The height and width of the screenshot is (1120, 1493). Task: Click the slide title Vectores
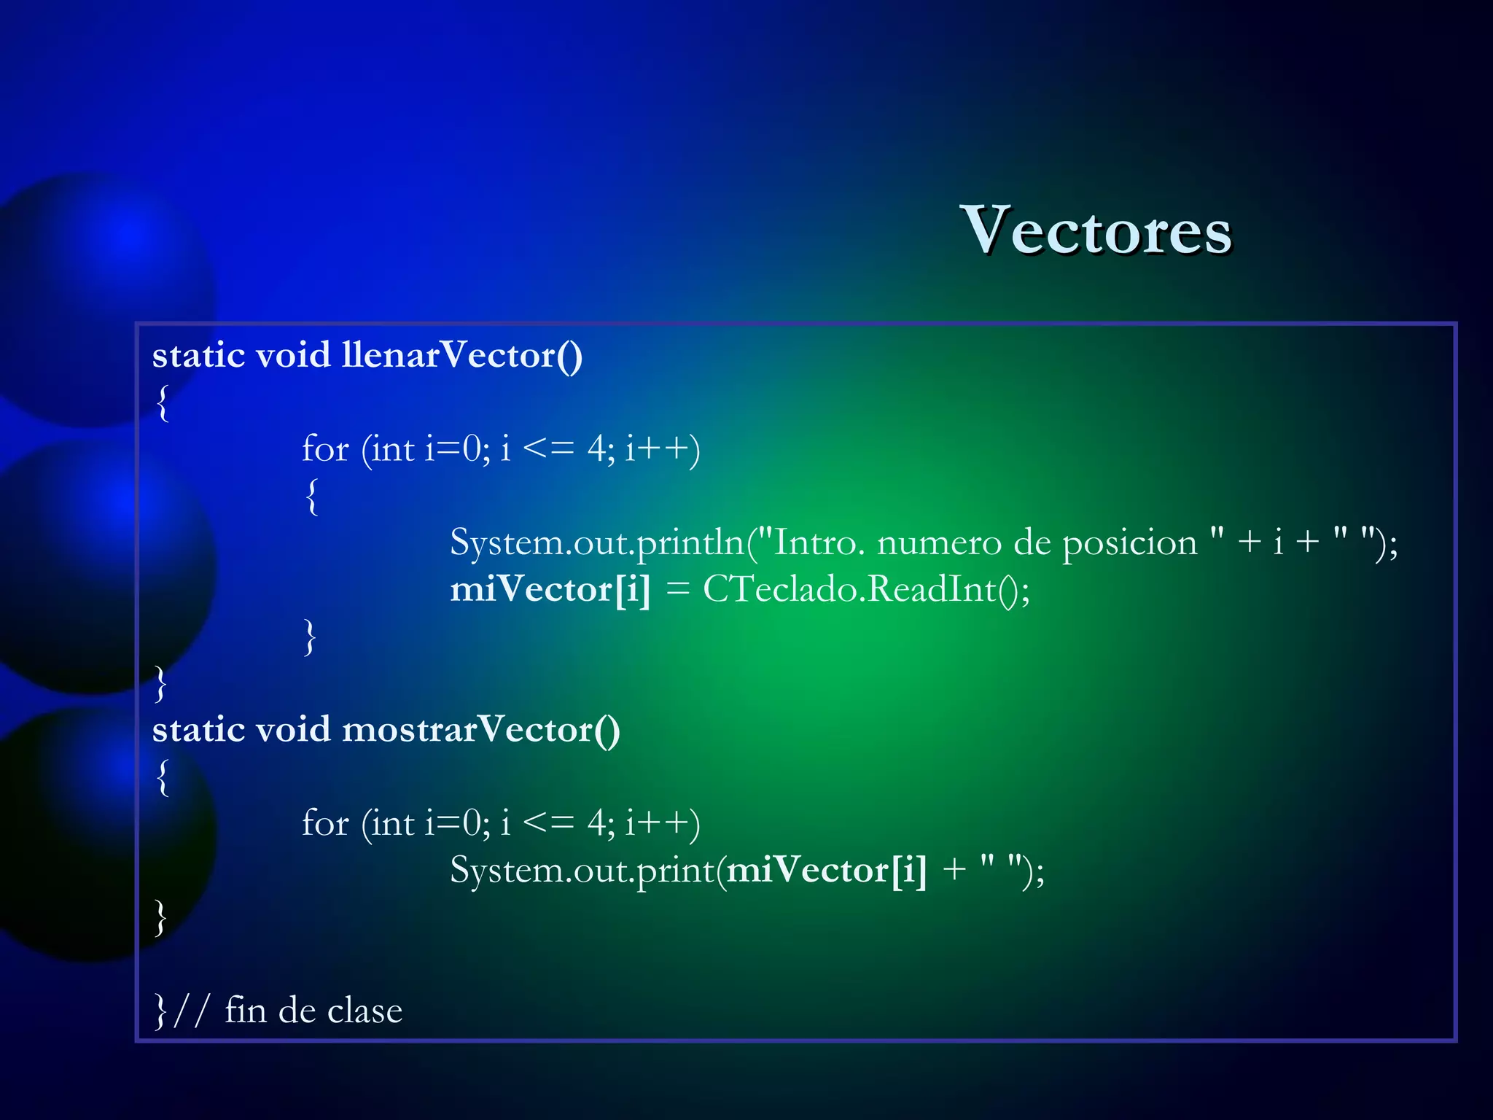pos(1095,230)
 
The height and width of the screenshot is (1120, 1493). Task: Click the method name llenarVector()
pos(462,356)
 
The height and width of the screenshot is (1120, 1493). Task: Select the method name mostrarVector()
pos(481,730)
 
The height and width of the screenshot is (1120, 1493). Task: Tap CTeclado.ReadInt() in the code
pos(865,589)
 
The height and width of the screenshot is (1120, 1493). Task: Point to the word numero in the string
pos(939,543)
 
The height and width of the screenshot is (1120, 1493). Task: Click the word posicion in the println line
pos(1129,543)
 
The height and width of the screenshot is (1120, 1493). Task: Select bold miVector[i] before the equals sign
pos(550,589)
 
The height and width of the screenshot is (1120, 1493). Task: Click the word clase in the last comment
pos(365,1011)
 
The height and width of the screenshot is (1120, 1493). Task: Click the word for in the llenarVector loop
pos(325,449)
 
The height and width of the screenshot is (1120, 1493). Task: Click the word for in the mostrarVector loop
pos(325,824)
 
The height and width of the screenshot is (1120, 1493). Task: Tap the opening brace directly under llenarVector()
pos(163,402)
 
